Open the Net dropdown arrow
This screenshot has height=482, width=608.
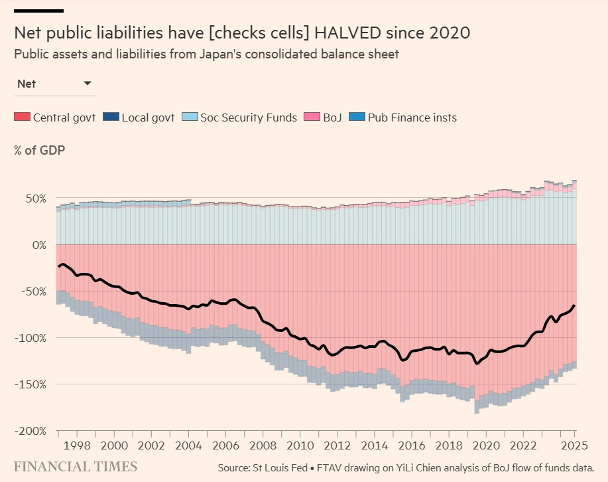point(88,84)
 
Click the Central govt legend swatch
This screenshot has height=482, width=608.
point(22,118)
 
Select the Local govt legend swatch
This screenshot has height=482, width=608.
point(111,118)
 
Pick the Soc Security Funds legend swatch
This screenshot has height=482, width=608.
point(189,118)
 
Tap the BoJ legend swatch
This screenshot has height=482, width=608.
point(312,118)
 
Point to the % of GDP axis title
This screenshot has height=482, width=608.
point(39,149)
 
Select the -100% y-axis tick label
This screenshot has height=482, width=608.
point(32,338)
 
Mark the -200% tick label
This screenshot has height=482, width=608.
point(32,431)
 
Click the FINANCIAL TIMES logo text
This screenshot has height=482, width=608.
point(76,466)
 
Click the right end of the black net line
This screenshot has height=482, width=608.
point(574,305)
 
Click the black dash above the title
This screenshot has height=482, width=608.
point(38,11)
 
